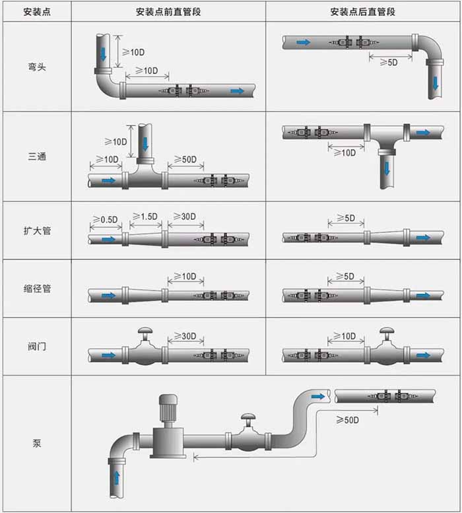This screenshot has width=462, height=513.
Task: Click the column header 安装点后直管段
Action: [364, 11]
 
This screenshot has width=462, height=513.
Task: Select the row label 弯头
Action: [37, 67]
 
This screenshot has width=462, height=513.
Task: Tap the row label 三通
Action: [37, 157]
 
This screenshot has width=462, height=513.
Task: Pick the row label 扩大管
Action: [37, 230]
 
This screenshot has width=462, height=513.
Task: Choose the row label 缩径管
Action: [37, 289]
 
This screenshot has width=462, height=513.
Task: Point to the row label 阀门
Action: [37, 346]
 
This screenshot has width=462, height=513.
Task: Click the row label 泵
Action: [37, 444]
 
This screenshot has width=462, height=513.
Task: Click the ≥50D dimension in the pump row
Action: [347, 420]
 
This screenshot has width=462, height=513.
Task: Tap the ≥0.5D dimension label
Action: [105, 219]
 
